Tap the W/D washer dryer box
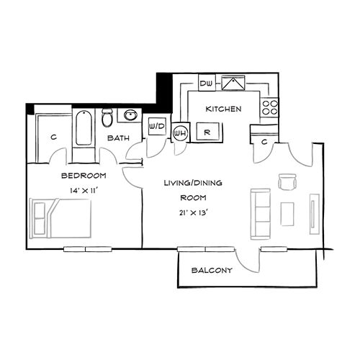point(156,127)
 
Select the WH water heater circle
point(180,132)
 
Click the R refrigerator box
point(207,132)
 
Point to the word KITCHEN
point(223,109)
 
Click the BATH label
point(118,138)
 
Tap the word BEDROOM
point(84,176)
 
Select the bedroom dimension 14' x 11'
point(84,191)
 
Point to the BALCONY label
point(212,271)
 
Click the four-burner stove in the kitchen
point(269,107)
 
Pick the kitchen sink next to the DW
point(233,84)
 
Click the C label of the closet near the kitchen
point(264,142)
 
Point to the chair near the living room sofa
point(287,182)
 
